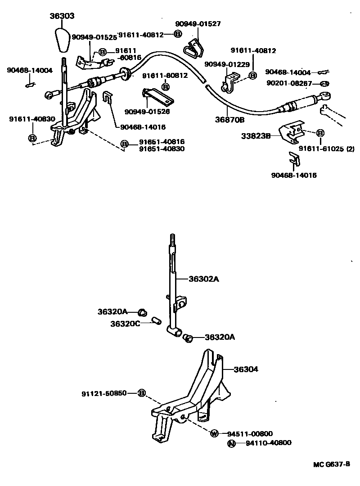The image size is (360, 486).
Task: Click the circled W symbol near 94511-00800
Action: (x=214, y=433)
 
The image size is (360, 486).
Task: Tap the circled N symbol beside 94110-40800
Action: (x=231, y=443)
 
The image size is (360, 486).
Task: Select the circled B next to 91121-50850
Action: (x=141, y=393)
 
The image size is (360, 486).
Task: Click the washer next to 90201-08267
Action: (x=324, y=84)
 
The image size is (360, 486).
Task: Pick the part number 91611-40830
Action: (x=32, y=119)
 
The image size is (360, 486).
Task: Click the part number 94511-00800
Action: (x=250, y=434)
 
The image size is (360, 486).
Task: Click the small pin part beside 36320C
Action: (x=157, y=321)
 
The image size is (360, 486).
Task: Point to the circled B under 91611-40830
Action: (x=32, y=138)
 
